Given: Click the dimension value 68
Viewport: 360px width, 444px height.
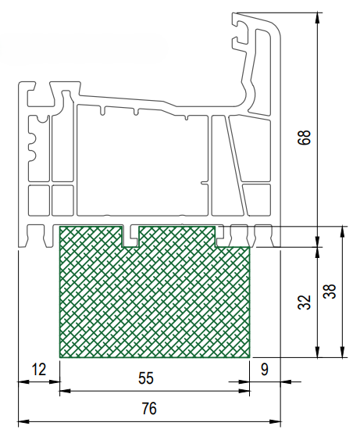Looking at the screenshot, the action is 305,138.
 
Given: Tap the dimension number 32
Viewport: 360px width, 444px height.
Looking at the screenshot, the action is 305,302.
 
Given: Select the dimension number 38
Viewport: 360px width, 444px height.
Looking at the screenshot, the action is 330,291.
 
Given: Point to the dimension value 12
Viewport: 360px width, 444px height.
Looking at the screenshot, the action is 39,370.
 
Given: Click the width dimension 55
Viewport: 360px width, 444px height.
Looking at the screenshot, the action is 146,378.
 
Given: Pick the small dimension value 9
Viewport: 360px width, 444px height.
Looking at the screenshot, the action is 265,370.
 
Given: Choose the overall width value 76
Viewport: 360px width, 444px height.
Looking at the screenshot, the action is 149,409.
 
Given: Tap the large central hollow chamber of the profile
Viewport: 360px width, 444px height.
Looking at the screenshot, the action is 143,161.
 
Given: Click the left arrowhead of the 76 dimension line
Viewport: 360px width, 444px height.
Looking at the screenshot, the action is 23,421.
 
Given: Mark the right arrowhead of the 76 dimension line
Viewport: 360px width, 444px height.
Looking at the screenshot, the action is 275,421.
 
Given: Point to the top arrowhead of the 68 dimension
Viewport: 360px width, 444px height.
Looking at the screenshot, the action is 318,18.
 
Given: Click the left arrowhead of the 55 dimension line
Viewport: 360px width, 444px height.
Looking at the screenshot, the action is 65,391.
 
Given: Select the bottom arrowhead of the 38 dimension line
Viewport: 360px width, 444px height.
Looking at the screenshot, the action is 343,352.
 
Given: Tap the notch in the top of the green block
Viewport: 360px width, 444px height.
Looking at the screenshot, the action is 131,236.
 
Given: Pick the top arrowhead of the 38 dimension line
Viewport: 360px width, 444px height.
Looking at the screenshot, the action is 343,231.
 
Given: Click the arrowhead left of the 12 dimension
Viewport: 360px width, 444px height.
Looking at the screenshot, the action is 23,382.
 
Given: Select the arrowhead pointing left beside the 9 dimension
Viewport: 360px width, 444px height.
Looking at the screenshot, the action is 286,381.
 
